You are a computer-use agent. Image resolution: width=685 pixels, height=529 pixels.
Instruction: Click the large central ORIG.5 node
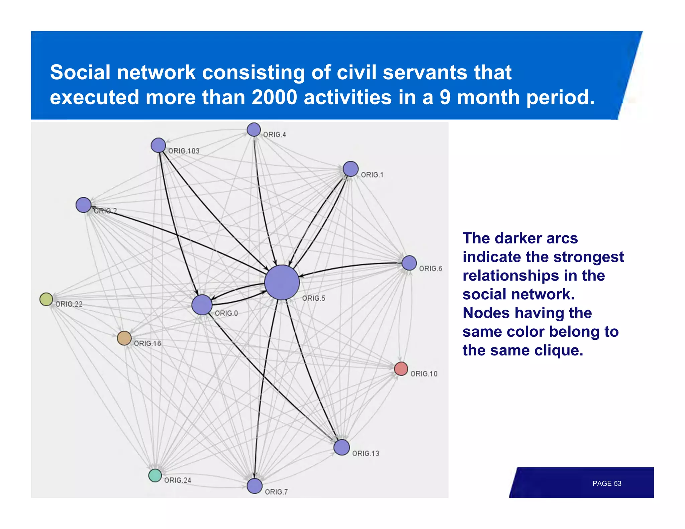tap(282, 283)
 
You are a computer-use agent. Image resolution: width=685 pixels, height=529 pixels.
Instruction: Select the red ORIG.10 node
tap(401, 369)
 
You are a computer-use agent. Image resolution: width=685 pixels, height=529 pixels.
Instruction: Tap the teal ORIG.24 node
tap(155, 475)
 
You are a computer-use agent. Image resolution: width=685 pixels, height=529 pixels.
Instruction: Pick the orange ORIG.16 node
tap(124, 338)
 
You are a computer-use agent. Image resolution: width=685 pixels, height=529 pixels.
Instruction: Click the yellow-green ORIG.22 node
tap(46, 299)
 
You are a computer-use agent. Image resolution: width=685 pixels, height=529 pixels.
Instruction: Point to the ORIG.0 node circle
tap(202, 305)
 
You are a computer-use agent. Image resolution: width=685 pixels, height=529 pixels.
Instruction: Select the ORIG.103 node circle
tap(158, 145)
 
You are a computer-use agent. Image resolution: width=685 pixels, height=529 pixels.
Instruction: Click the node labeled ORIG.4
tap(254, 130)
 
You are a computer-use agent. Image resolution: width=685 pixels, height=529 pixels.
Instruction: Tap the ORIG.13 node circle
tap(341, 447)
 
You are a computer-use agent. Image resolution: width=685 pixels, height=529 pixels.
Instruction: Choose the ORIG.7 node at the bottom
tap(255, 486)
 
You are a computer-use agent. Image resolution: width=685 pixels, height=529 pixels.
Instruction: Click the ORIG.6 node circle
tap(409, 263)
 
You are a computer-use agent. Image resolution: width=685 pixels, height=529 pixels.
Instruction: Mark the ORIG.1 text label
tap(372, 175)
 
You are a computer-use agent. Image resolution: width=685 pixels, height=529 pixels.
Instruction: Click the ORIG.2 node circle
tap(83, 205)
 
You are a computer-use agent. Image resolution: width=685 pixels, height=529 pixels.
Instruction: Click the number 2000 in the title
tap(274, 97)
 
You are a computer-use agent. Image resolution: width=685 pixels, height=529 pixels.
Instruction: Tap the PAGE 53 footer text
tap(606, 484)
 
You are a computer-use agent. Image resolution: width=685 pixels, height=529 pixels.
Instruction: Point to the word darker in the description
tap(518, 238)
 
